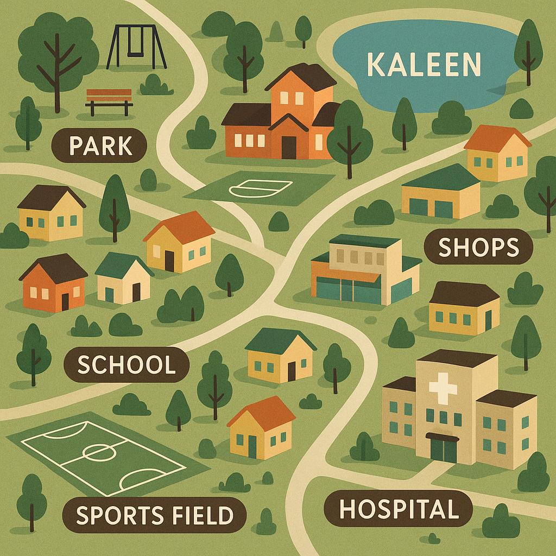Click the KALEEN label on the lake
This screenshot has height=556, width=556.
pos(424,65)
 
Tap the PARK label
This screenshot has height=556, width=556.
pos(100,146)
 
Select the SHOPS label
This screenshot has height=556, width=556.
pos(478,248)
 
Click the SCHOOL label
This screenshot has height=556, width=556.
pos(127,365)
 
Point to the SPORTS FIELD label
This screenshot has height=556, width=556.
pos(155,515)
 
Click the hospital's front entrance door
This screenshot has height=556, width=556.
pos(443,450)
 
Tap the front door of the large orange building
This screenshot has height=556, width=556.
pos(289,147)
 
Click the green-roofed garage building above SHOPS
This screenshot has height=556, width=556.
pos(440,193)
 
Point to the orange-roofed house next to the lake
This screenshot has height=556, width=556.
pos(497,153)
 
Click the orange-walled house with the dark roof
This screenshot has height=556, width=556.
pos(54,283)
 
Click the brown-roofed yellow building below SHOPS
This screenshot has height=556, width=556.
pos(464,308)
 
